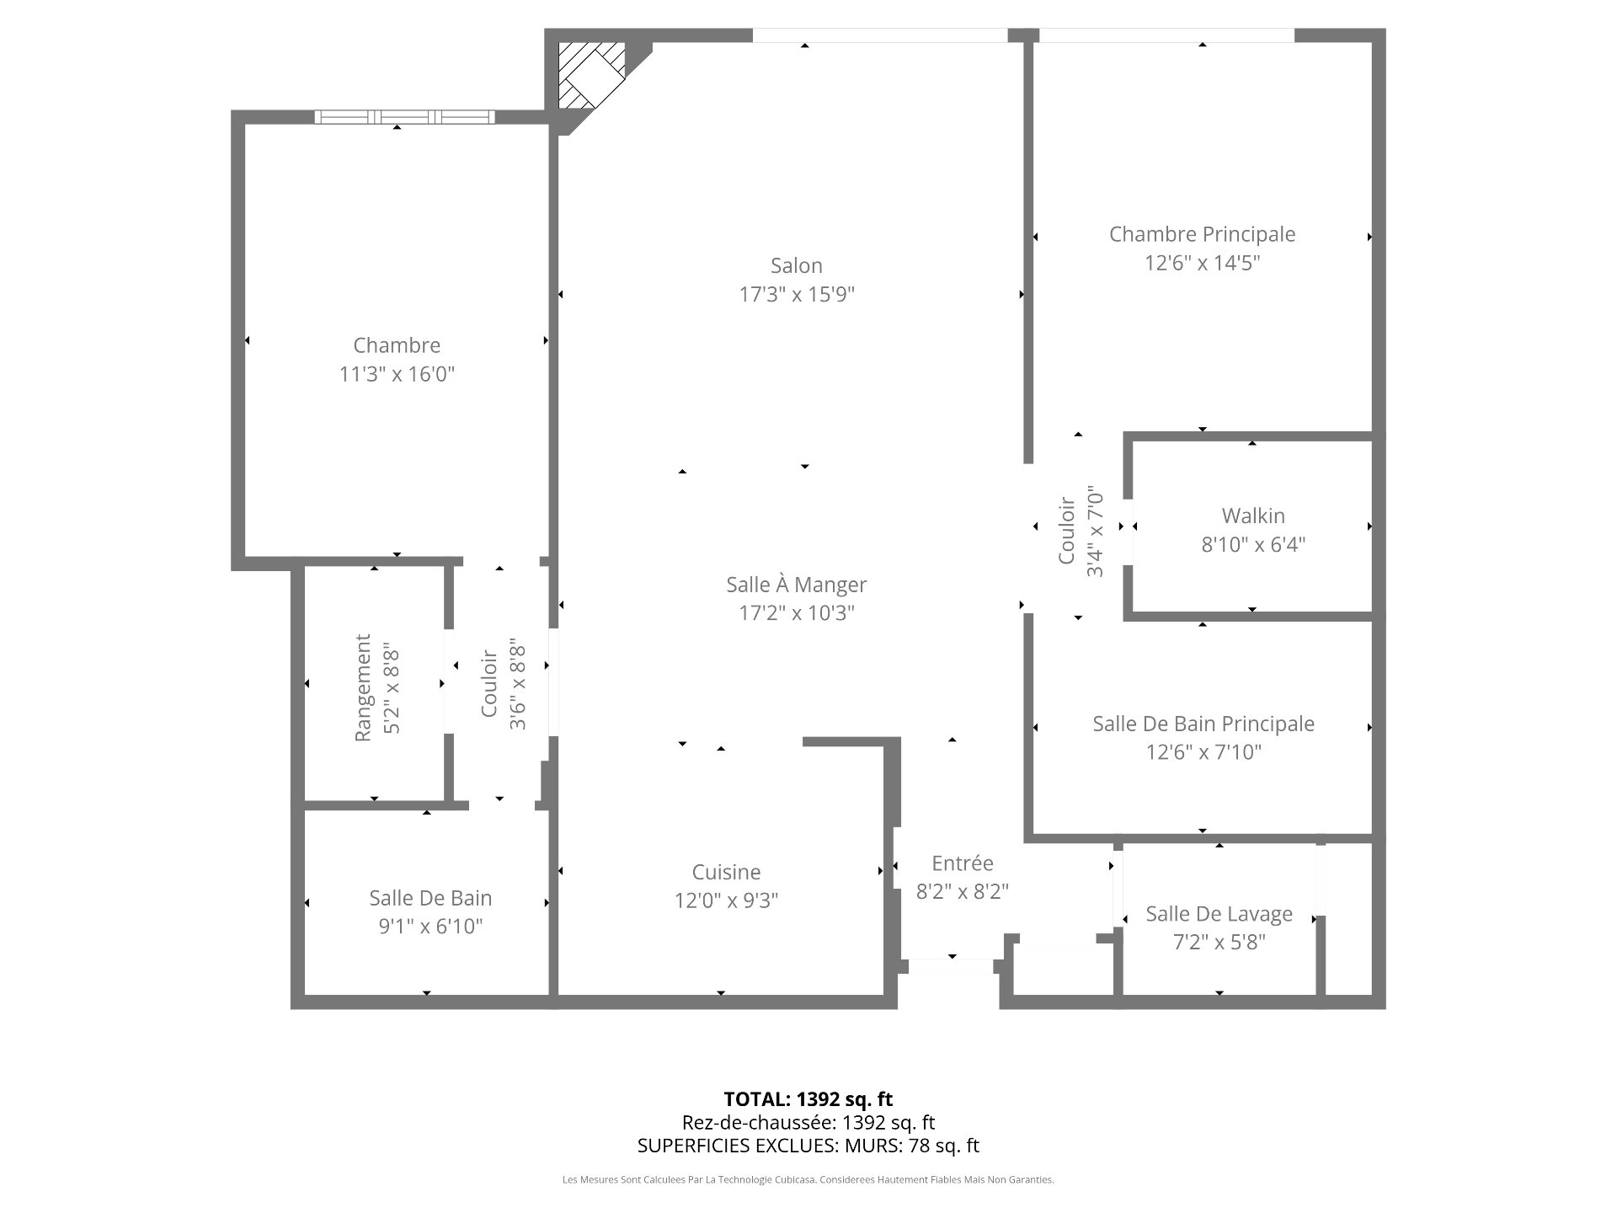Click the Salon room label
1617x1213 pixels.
796,266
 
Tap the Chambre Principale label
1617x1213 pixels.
1202,234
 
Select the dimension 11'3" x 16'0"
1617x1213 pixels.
397,374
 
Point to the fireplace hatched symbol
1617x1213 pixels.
593,75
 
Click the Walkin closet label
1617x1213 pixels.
1253,516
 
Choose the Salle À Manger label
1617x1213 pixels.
796,585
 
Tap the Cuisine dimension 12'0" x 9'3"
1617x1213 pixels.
726,900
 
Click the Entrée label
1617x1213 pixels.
963,863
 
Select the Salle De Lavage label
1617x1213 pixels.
1219,914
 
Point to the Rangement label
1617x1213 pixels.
363,688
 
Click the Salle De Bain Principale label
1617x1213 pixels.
1203,724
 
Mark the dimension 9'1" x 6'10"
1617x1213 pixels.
430,927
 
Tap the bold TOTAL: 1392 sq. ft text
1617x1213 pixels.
808,1099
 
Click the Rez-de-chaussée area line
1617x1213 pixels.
808,1123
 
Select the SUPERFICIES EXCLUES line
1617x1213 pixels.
808,1146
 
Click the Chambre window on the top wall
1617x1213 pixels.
404,117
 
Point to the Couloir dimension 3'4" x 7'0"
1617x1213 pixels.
1095,531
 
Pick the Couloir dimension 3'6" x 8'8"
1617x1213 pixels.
518,687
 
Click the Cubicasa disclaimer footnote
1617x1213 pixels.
808,1180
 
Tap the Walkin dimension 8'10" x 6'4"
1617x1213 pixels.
1253,544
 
